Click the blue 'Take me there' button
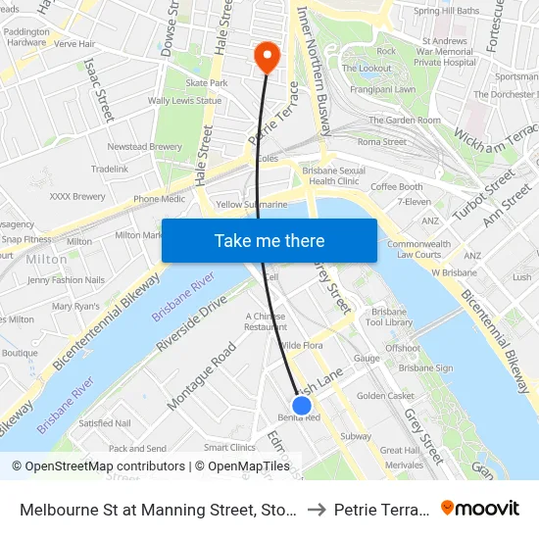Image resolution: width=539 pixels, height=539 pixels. tap(269, 240)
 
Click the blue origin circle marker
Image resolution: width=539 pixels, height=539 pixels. tap(302, 404)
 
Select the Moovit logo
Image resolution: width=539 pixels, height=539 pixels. tap(480, 509)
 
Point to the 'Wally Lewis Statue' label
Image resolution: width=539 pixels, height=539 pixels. tap(183, 100)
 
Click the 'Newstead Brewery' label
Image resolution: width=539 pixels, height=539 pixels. tap(144, 146)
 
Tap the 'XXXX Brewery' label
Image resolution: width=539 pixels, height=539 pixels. tap(76, 196)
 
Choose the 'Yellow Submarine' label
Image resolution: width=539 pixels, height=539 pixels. tap(252, 205)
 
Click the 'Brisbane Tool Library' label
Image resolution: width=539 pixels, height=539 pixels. tap(388, 316)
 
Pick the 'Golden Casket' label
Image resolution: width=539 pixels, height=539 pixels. tap(385, 396)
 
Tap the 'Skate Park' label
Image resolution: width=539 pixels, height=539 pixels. tap(207, 83)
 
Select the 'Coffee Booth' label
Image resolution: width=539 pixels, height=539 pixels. tap(396, 187)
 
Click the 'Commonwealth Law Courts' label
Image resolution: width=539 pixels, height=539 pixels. tap(419, 249)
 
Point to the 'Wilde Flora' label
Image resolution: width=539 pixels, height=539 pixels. tap(301, 346)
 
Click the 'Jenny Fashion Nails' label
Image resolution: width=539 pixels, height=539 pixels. tap(66, 279)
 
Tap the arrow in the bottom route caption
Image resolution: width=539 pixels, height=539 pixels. tap(316, 509)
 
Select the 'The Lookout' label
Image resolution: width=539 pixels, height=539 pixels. tap(373, 68)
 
